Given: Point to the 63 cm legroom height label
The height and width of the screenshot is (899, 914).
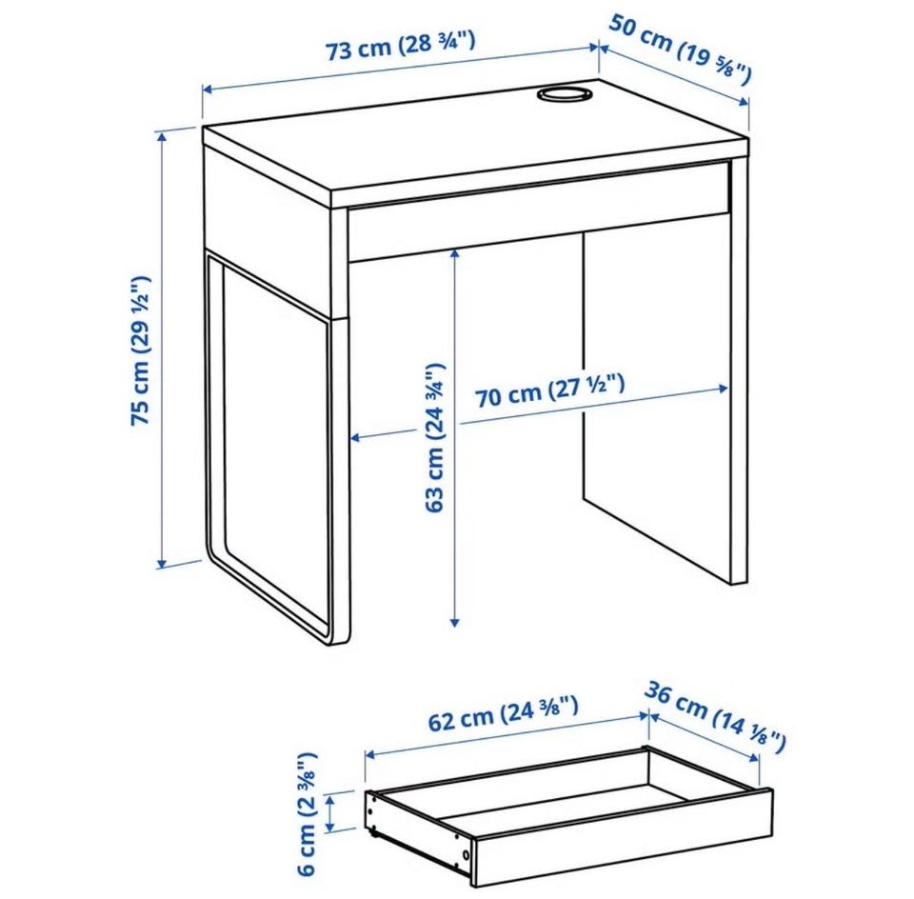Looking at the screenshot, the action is [x=434, y=437].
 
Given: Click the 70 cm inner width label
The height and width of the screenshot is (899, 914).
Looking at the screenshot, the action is [x=549, y=391].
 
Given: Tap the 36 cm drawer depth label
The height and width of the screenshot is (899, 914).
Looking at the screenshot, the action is [x=715, y=716].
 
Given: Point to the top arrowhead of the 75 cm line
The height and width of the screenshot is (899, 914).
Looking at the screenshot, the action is [x=162, y=135].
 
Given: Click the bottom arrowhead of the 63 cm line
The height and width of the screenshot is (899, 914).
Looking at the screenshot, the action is [x=455, y=622].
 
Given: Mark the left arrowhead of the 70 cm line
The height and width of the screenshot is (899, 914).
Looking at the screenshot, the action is [x=355, y=437].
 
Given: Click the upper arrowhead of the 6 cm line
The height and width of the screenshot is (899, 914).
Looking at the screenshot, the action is [x=330, y=801].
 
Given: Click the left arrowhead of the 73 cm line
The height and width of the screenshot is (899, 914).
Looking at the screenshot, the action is [x=208, y=90].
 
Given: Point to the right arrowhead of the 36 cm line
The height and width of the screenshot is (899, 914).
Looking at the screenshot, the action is [x=754, y=757].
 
